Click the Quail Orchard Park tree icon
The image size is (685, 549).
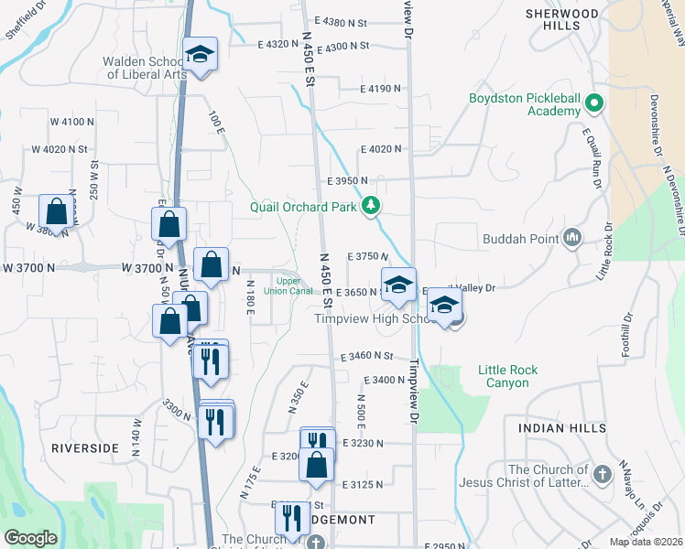click(371, 206)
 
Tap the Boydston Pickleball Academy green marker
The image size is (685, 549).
click(595, 103)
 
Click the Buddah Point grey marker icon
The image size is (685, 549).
click(573, 239)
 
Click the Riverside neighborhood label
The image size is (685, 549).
click(85, 447)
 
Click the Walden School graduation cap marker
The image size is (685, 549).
click(199, 55)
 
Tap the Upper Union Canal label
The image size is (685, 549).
click(288, 286)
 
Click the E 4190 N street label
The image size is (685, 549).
click(381, 89)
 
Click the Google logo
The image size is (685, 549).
click(30, 537)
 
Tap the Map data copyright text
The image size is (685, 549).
click(645, 542)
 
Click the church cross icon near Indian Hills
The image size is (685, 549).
click(602, 474)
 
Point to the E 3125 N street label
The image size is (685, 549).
click(363, 484)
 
